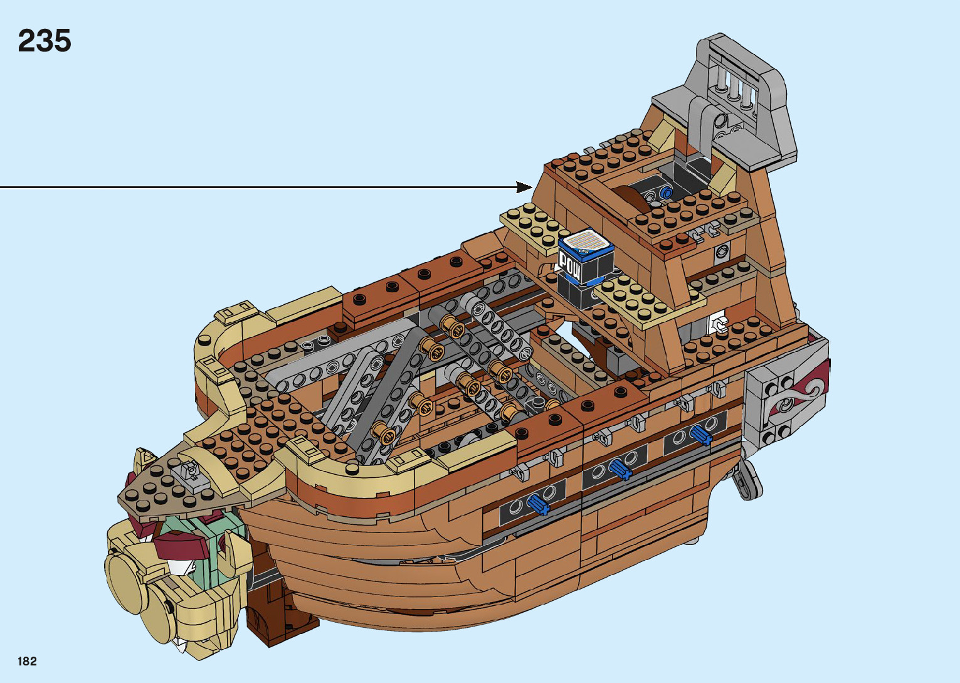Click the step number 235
(x=45, y=41)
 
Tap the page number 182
(x=28, y=661)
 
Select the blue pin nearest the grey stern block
(x=700, y=434)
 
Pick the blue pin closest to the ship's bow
(x=539, y=504)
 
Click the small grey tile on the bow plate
(x=191, y=472)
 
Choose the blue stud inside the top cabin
(x=666, y=193)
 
